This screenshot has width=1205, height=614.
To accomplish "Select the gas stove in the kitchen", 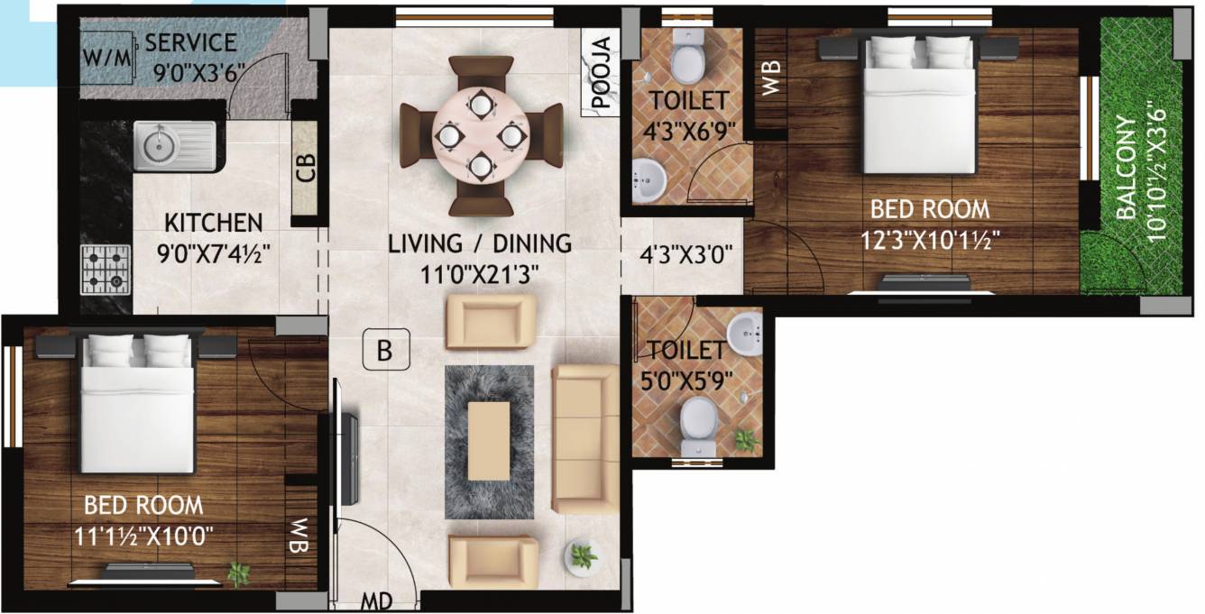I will coord(105,270).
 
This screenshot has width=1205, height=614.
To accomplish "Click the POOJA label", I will coord(602,71).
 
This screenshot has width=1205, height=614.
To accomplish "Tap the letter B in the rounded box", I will coord(385,352).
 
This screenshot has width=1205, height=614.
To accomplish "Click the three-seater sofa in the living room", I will coord(584,439).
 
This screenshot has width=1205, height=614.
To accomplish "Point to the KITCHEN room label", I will coord(213,222).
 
